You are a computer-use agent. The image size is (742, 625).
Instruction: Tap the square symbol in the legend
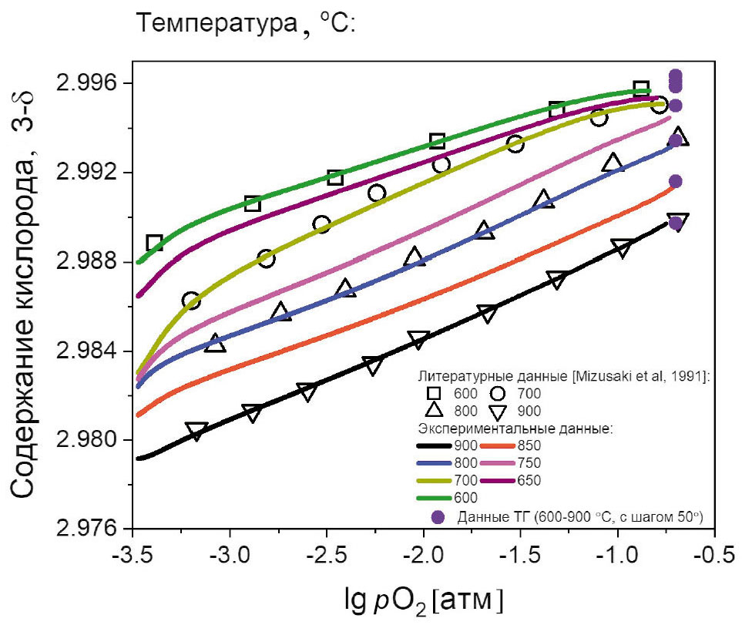point(435,393)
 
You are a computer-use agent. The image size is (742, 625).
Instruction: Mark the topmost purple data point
point(676,76)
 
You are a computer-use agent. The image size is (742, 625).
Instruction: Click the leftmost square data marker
point(154,244)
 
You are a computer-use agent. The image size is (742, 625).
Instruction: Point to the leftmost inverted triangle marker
point(196,431)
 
